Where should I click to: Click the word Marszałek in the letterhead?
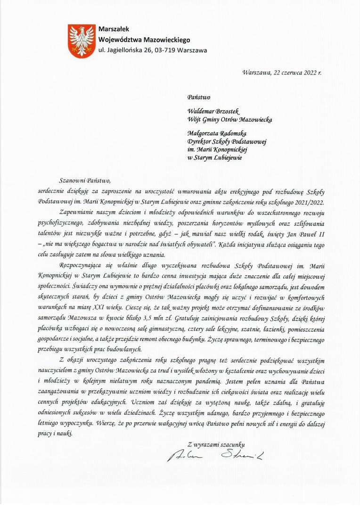click(x=114, y=30)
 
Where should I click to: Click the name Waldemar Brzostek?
click(x=213, y=111)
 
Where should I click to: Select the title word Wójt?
click(x=196, y=120)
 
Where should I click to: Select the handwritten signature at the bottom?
click(x=216, y=456)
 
